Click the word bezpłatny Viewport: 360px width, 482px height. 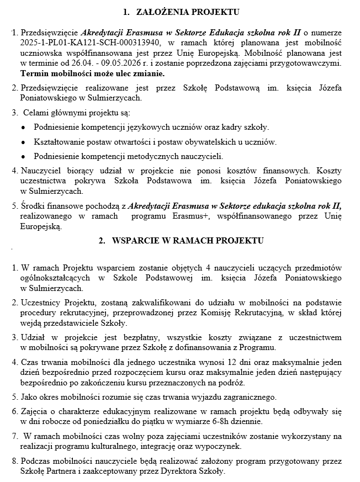(122, 337)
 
